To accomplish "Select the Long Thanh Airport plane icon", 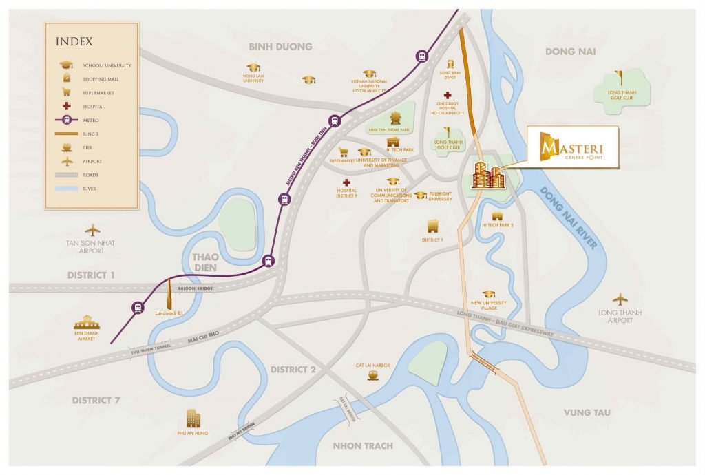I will click(x=620, y=299).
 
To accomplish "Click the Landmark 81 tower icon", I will click(x=168, y=297).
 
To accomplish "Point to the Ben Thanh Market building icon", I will click(x=87, y=322).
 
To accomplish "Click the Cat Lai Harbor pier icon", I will click(x=373, y=376).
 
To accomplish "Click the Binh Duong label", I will click(x=281, y=47).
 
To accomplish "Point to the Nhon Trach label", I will click(x=363, y=445).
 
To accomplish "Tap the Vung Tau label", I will click(x=587, y=412).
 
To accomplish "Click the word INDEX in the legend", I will click(x=74, y=41).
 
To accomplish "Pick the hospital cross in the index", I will click(x=66, y=106).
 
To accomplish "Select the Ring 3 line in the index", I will click(x=66, y=133).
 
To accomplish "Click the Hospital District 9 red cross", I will click(x=346, y=182).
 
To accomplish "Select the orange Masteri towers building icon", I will click(x=488, y=176).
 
